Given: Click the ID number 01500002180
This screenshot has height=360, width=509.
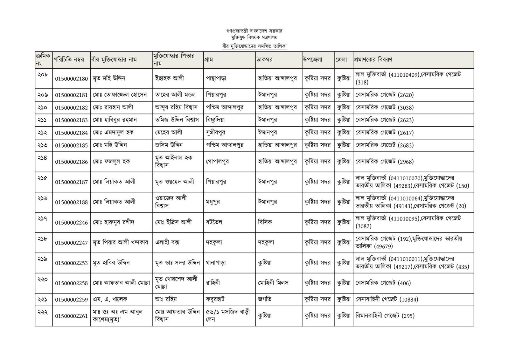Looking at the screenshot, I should point(71,79).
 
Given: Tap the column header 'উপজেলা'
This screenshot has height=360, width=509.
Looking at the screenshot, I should point(313,60).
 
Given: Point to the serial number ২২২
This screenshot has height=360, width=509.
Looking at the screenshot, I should point(43,312).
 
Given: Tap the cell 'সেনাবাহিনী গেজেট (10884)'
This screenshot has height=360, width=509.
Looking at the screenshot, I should point(387,299).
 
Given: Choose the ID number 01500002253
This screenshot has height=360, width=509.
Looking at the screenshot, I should point(71,263).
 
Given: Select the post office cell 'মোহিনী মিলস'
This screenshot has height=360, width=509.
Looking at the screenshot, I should point(273,283).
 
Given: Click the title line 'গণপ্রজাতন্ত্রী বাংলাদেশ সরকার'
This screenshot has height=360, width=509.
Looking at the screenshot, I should point(254,31).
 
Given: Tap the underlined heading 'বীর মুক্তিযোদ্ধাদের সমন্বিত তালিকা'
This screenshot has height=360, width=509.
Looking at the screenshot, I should point(254,46).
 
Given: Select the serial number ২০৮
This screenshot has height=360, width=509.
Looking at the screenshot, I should point(43,75).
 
